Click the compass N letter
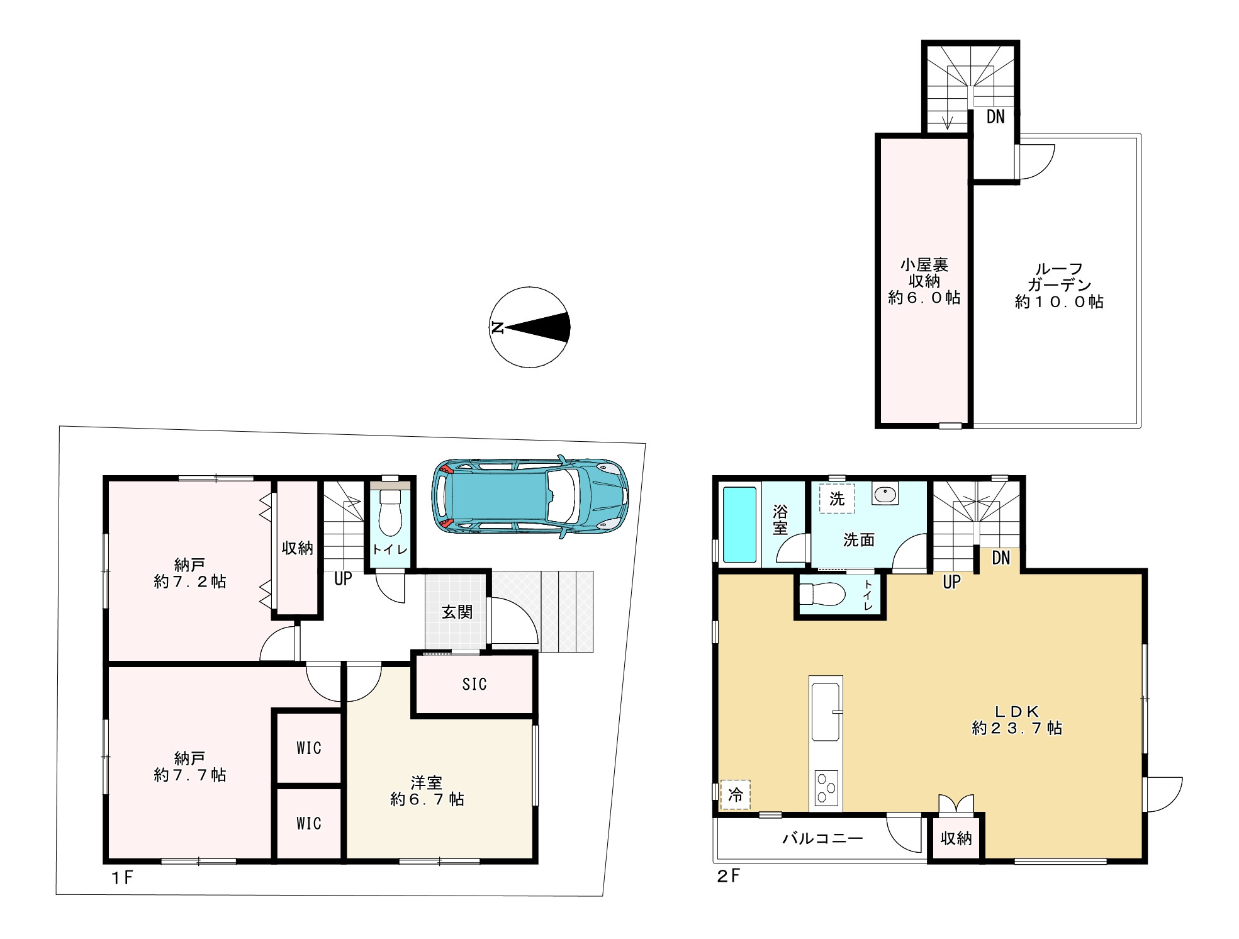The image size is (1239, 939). point(497,327)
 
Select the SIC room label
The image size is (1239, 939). point(474,684)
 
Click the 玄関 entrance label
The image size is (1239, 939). point(457,611)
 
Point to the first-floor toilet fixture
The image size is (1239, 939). point(390,510)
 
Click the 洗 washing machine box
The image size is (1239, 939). point(837,498)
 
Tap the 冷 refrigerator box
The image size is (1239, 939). point(735,794)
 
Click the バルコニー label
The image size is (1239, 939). point(822,838)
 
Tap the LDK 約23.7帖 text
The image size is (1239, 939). point(1017,719)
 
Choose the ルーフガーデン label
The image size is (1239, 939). point(1059,285)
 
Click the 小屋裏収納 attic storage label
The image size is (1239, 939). point(924,281)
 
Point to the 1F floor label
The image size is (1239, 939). point(122,877)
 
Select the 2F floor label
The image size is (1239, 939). point(728,876)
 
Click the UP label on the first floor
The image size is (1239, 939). point(343,578)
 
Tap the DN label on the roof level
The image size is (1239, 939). point(995,116)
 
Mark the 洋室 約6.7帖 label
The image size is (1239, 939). point(427,791)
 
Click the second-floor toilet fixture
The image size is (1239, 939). point(821,593)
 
